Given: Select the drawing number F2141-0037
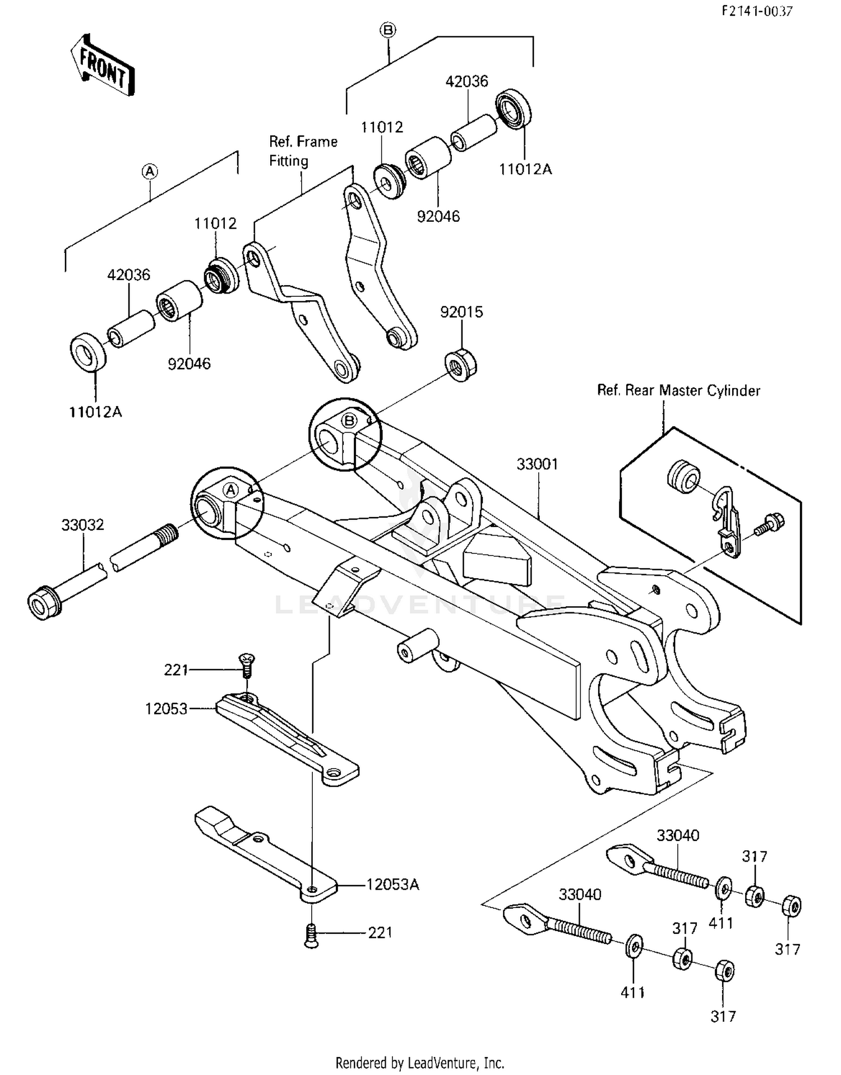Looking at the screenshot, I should coord(756,11).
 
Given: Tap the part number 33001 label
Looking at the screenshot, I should coord(537,464).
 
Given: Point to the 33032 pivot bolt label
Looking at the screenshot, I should coord(82,525).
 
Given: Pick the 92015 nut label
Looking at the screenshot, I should coord(461,312).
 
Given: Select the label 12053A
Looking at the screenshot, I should coord(392,885).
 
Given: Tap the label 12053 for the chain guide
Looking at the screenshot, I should coord(166,709).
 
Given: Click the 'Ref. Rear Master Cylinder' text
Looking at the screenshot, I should coord(678,390).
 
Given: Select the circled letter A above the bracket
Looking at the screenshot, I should coord(149,171).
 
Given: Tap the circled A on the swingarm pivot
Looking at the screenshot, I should coord(230,490).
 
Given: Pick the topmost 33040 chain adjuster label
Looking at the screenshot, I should coord(678,835).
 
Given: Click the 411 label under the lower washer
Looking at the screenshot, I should coord(632,992).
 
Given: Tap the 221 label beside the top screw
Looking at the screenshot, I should coord(175,670).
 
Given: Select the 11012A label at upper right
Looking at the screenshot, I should coord(525,169).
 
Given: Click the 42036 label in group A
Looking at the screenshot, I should coord(129,275).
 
